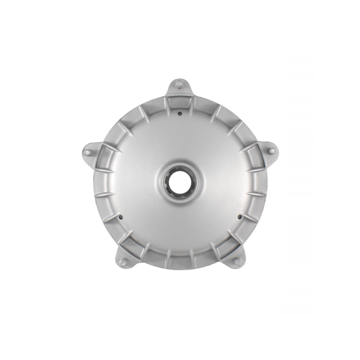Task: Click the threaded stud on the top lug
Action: (179, 83)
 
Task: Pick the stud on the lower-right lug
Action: (238, 261)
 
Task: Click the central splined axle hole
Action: (180, 181)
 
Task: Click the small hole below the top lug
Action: (179, 113)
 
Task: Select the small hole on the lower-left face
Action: (122, 216)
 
